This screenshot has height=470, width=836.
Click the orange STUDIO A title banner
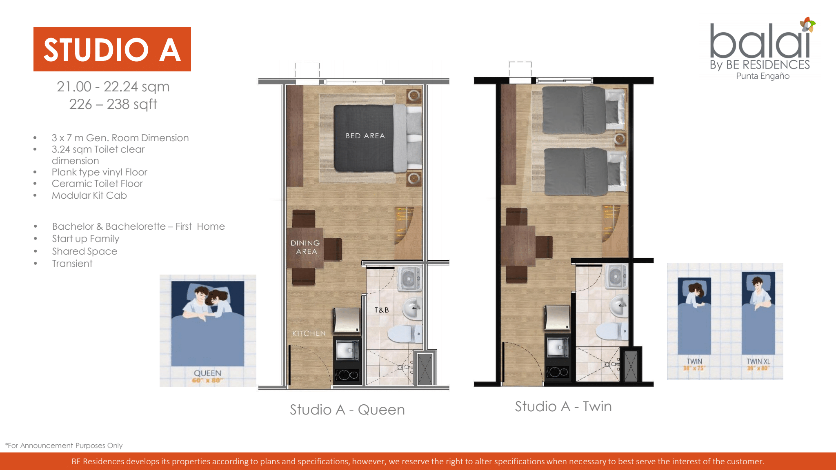click(112, 49)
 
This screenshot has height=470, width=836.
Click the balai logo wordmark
click(760, 41)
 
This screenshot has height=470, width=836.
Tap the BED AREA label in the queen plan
click(365, 136)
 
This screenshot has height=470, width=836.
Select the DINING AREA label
click(305, 247)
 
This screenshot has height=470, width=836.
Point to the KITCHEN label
click(309, 334)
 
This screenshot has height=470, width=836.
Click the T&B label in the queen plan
click(382, 310)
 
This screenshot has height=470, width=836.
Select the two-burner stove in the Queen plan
click(347, 375)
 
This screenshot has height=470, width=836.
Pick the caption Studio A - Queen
click(347, 410)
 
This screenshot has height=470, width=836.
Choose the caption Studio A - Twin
click(563, 406)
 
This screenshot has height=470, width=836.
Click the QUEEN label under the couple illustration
click(208, 373)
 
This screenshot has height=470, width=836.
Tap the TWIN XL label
click(758, 361)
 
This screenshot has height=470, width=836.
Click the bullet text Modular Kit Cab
click(89, 195)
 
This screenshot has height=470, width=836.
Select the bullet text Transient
click(72, 264)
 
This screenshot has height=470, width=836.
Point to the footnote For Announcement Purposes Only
click(64, 446)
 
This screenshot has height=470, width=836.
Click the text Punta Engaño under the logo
click(763, 76)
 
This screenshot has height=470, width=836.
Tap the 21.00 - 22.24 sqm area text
click(113, 86)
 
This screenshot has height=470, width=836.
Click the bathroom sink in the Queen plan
click(412, 308)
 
